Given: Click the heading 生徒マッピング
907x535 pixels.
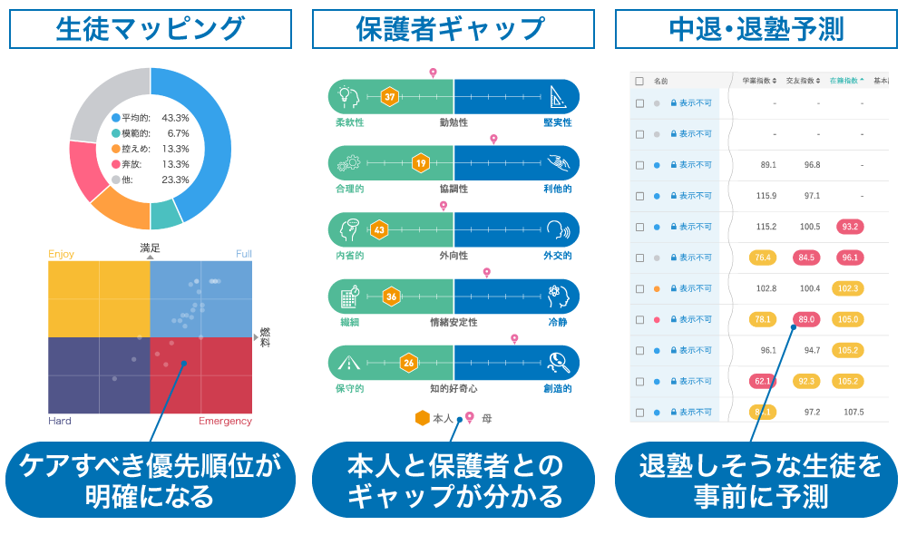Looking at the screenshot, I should coord(151,29).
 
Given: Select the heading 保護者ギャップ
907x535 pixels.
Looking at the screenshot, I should coord(453,29).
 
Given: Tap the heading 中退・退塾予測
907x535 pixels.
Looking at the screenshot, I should coord(756,29).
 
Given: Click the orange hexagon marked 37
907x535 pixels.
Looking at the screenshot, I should coord(390,96).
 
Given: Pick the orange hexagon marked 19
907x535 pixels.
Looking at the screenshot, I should coord(420,163).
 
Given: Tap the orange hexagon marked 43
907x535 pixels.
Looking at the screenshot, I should coord(379,229).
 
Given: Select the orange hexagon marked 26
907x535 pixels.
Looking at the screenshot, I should coord(409,363).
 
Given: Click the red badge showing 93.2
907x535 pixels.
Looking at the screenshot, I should coord(851,227).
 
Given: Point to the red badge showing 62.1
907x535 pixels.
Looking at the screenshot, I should coord(763,381).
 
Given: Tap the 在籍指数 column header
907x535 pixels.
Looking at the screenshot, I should coord(847,81).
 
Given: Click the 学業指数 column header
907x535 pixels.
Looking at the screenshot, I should coord(759,81).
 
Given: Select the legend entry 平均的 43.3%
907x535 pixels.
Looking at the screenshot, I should coord(151,118).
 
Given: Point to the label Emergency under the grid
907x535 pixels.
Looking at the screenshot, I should coord(225,421).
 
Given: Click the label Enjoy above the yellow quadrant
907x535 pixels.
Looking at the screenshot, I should coord(61,254).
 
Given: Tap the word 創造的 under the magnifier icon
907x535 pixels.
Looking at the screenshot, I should coord(557,388).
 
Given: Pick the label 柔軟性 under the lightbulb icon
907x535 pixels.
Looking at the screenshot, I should coord(350,122).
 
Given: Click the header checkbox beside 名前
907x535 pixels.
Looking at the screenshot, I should coord(639,81).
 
